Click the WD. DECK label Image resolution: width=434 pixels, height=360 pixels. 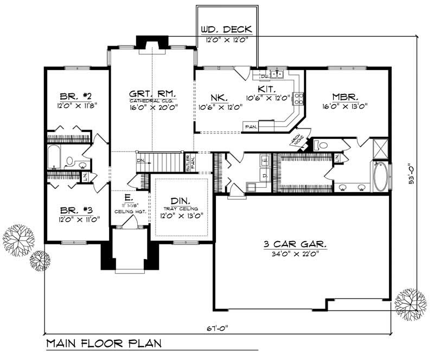(x=226, y=29)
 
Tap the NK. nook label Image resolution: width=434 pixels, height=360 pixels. (x=219, y=98)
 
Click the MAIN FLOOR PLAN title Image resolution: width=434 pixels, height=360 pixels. (x=103, y=344)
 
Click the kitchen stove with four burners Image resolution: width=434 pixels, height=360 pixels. (x=298, y=98)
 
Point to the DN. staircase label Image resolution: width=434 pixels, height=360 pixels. (x=141, y=161)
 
